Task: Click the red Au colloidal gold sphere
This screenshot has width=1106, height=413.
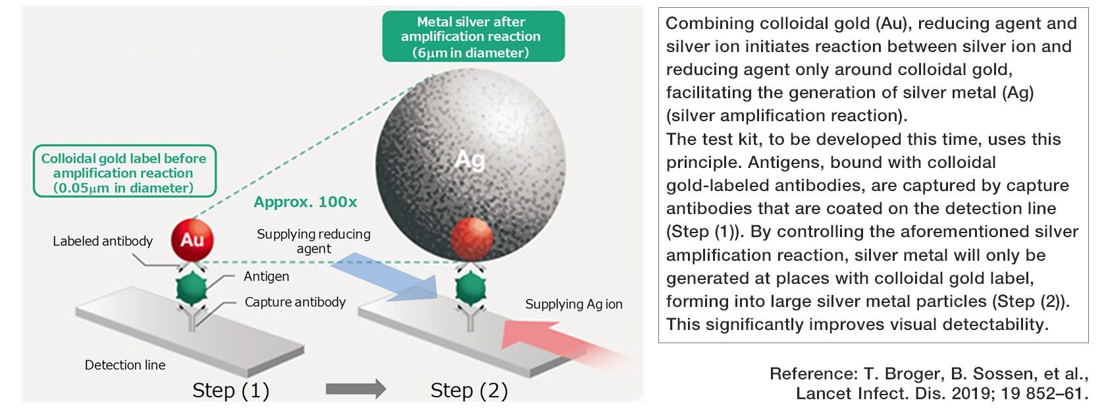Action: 192,240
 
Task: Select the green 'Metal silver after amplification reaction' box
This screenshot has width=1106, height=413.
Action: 473,37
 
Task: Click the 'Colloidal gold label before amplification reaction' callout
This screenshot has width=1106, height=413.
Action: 124,172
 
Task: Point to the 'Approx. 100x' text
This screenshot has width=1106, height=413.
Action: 305,202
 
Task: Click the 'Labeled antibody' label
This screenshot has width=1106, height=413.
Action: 103,241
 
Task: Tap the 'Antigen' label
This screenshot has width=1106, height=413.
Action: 266,277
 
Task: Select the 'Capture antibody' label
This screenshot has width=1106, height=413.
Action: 295,302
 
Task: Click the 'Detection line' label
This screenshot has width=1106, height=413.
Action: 125,365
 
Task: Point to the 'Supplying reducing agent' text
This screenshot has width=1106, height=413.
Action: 313,241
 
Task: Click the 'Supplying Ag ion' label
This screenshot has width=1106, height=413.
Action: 573,304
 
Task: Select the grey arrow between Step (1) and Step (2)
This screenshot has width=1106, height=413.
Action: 355,389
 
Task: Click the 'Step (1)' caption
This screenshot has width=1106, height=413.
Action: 231,391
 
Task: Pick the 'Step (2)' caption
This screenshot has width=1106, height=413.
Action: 469,391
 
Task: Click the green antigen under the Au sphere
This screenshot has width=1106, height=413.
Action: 192,289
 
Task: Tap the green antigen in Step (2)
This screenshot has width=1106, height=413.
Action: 471,289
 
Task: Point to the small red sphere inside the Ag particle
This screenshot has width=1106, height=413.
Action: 471,238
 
